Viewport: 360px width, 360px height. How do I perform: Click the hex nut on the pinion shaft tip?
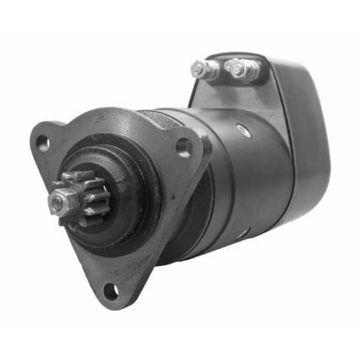tap(58, 202)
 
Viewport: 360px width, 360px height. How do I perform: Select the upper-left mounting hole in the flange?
tap(42, 143)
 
